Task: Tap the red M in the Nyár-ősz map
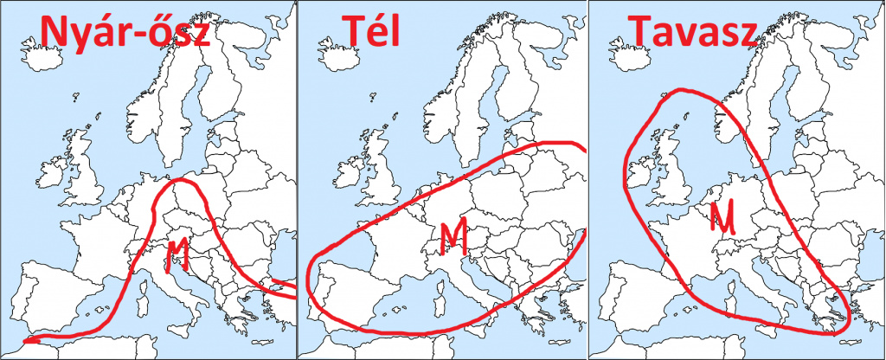coord(177,251)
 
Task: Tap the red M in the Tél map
coord(453,235)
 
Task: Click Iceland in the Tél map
coord(336,57)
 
